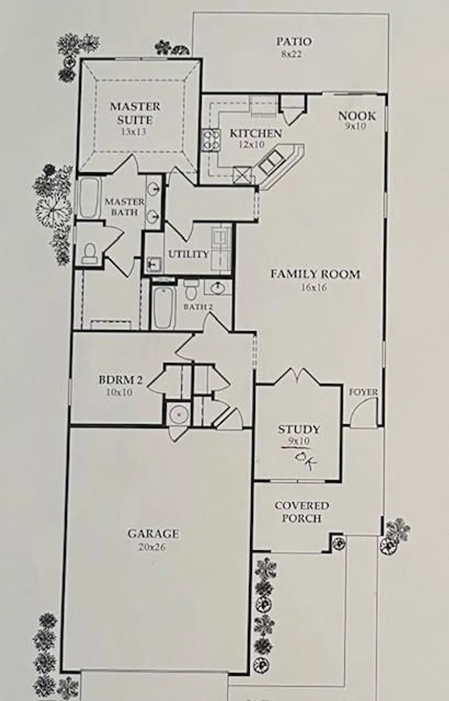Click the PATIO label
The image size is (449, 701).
click(293, 42)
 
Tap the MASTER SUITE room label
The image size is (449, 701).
click(135, 113)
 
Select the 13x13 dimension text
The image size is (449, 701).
click(134, 132)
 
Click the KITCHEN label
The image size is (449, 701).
click(256, 134)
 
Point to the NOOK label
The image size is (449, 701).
click(356, 115)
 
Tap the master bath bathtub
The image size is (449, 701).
click(89, 198)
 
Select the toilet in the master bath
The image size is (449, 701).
click(88, 253)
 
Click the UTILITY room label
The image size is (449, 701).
click(188, 254)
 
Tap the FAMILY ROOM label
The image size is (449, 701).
click(315, 274)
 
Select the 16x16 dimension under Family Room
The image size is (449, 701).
click(314, 287)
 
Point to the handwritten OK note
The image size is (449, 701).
click(306, 459)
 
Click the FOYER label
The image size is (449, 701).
click(363, 393)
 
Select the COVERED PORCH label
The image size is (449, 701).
click(301, 512)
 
